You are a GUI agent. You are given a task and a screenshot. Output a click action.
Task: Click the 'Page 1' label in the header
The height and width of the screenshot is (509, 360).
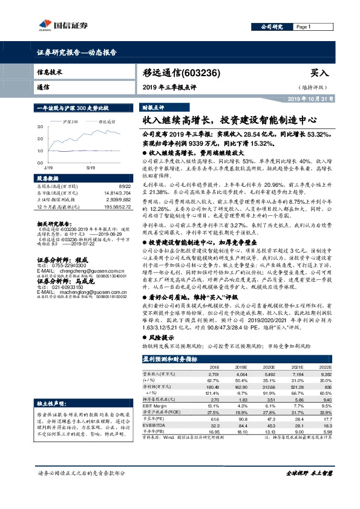(303, 27)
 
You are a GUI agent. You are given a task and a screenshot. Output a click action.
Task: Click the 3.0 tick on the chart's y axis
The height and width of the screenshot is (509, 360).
(40, 127)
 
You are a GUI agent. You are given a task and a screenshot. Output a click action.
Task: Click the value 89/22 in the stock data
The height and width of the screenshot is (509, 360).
(125, 187)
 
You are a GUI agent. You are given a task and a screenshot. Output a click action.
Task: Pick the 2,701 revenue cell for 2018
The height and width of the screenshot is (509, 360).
(214, 374)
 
